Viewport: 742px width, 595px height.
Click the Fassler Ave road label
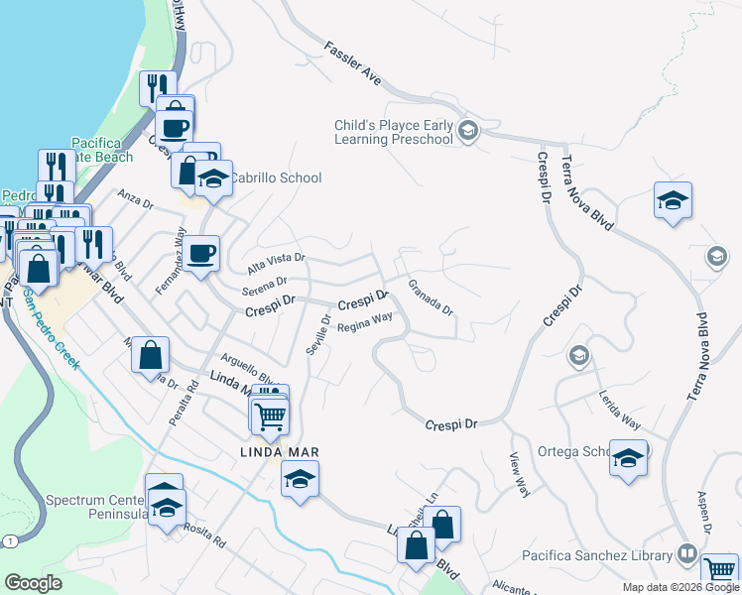(352, 62)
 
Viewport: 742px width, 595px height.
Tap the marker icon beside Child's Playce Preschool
(469, 131)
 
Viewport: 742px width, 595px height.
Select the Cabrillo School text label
(275, 178)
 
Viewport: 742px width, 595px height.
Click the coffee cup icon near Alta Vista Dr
(201, 254)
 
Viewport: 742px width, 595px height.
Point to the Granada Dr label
(432, 297)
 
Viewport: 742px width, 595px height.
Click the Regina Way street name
(365, 323)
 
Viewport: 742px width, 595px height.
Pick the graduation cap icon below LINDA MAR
(299, 482)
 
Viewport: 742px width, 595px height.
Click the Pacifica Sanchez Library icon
(686, 553)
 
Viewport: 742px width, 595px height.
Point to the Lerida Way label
(618, 409)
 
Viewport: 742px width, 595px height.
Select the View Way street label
(519, 474)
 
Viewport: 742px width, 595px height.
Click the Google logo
(35, 582)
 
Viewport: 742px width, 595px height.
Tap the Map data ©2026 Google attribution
(680, 587)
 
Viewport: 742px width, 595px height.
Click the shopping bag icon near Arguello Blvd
(150, 355)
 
